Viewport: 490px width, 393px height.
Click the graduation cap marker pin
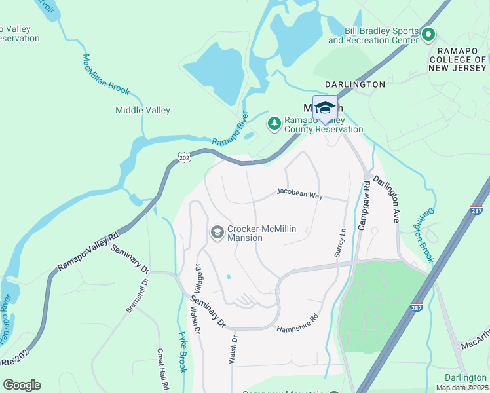tap(325, 108)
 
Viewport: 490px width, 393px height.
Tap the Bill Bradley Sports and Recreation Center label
tap(373, 35)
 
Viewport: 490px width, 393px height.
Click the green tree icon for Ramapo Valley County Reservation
tap(274, 122)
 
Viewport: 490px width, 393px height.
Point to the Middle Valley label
tap(143, 111)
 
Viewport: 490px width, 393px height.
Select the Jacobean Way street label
tap(299, 195)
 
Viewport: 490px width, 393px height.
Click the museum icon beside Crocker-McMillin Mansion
tap(217, 232)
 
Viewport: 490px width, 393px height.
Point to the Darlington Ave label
tap(386, 199)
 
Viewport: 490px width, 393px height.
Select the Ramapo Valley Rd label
tap(88, 250)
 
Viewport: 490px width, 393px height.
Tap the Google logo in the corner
tap(22, 384)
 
